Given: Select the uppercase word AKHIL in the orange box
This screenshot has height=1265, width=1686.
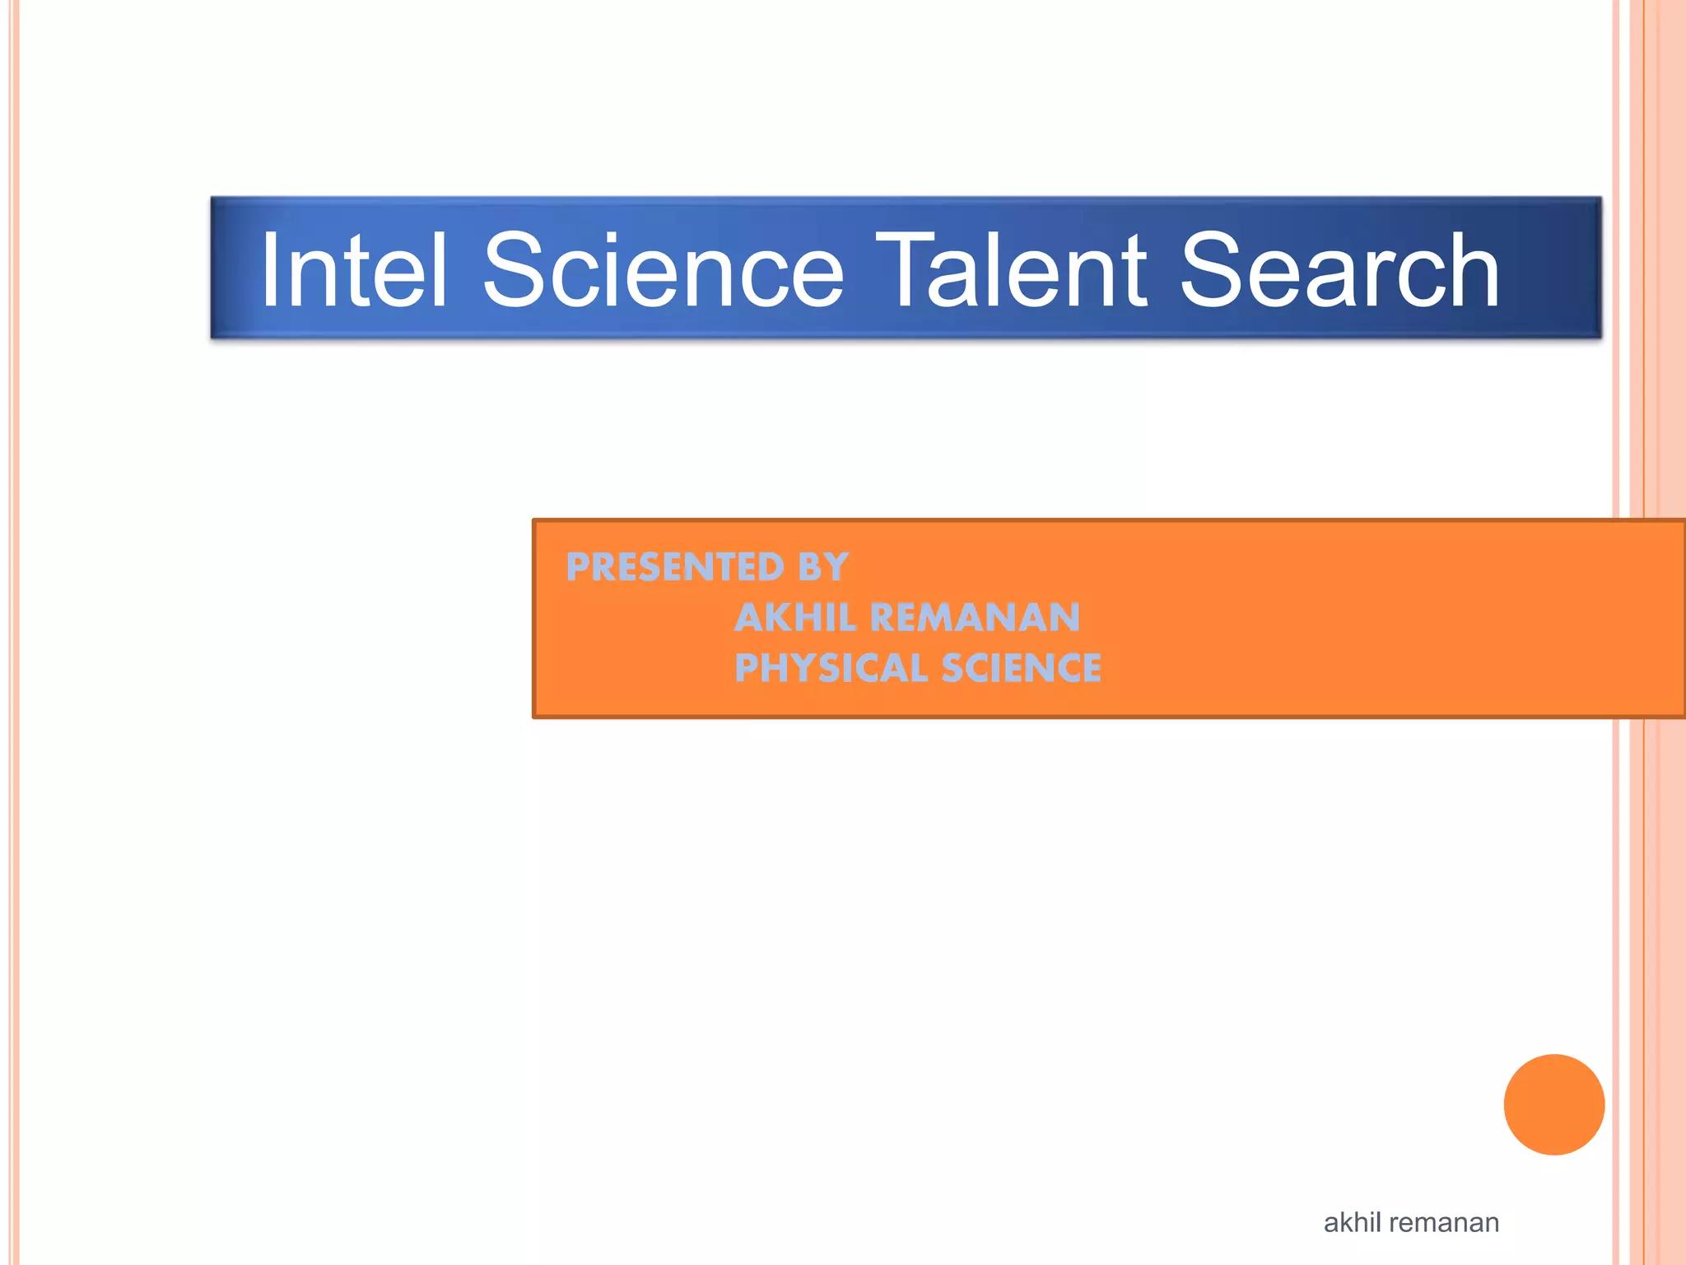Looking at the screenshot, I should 794,618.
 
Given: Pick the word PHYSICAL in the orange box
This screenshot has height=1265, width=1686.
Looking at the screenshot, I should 831,668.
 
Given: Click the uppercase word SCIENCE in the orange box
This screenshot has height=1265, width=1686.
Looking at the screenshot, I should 1021,668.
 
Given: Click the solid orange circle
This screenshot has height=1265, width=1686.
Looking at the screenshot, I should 1553,1104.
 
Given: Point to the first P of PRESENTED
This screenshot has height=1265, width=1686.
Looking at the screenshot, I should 580,567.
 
